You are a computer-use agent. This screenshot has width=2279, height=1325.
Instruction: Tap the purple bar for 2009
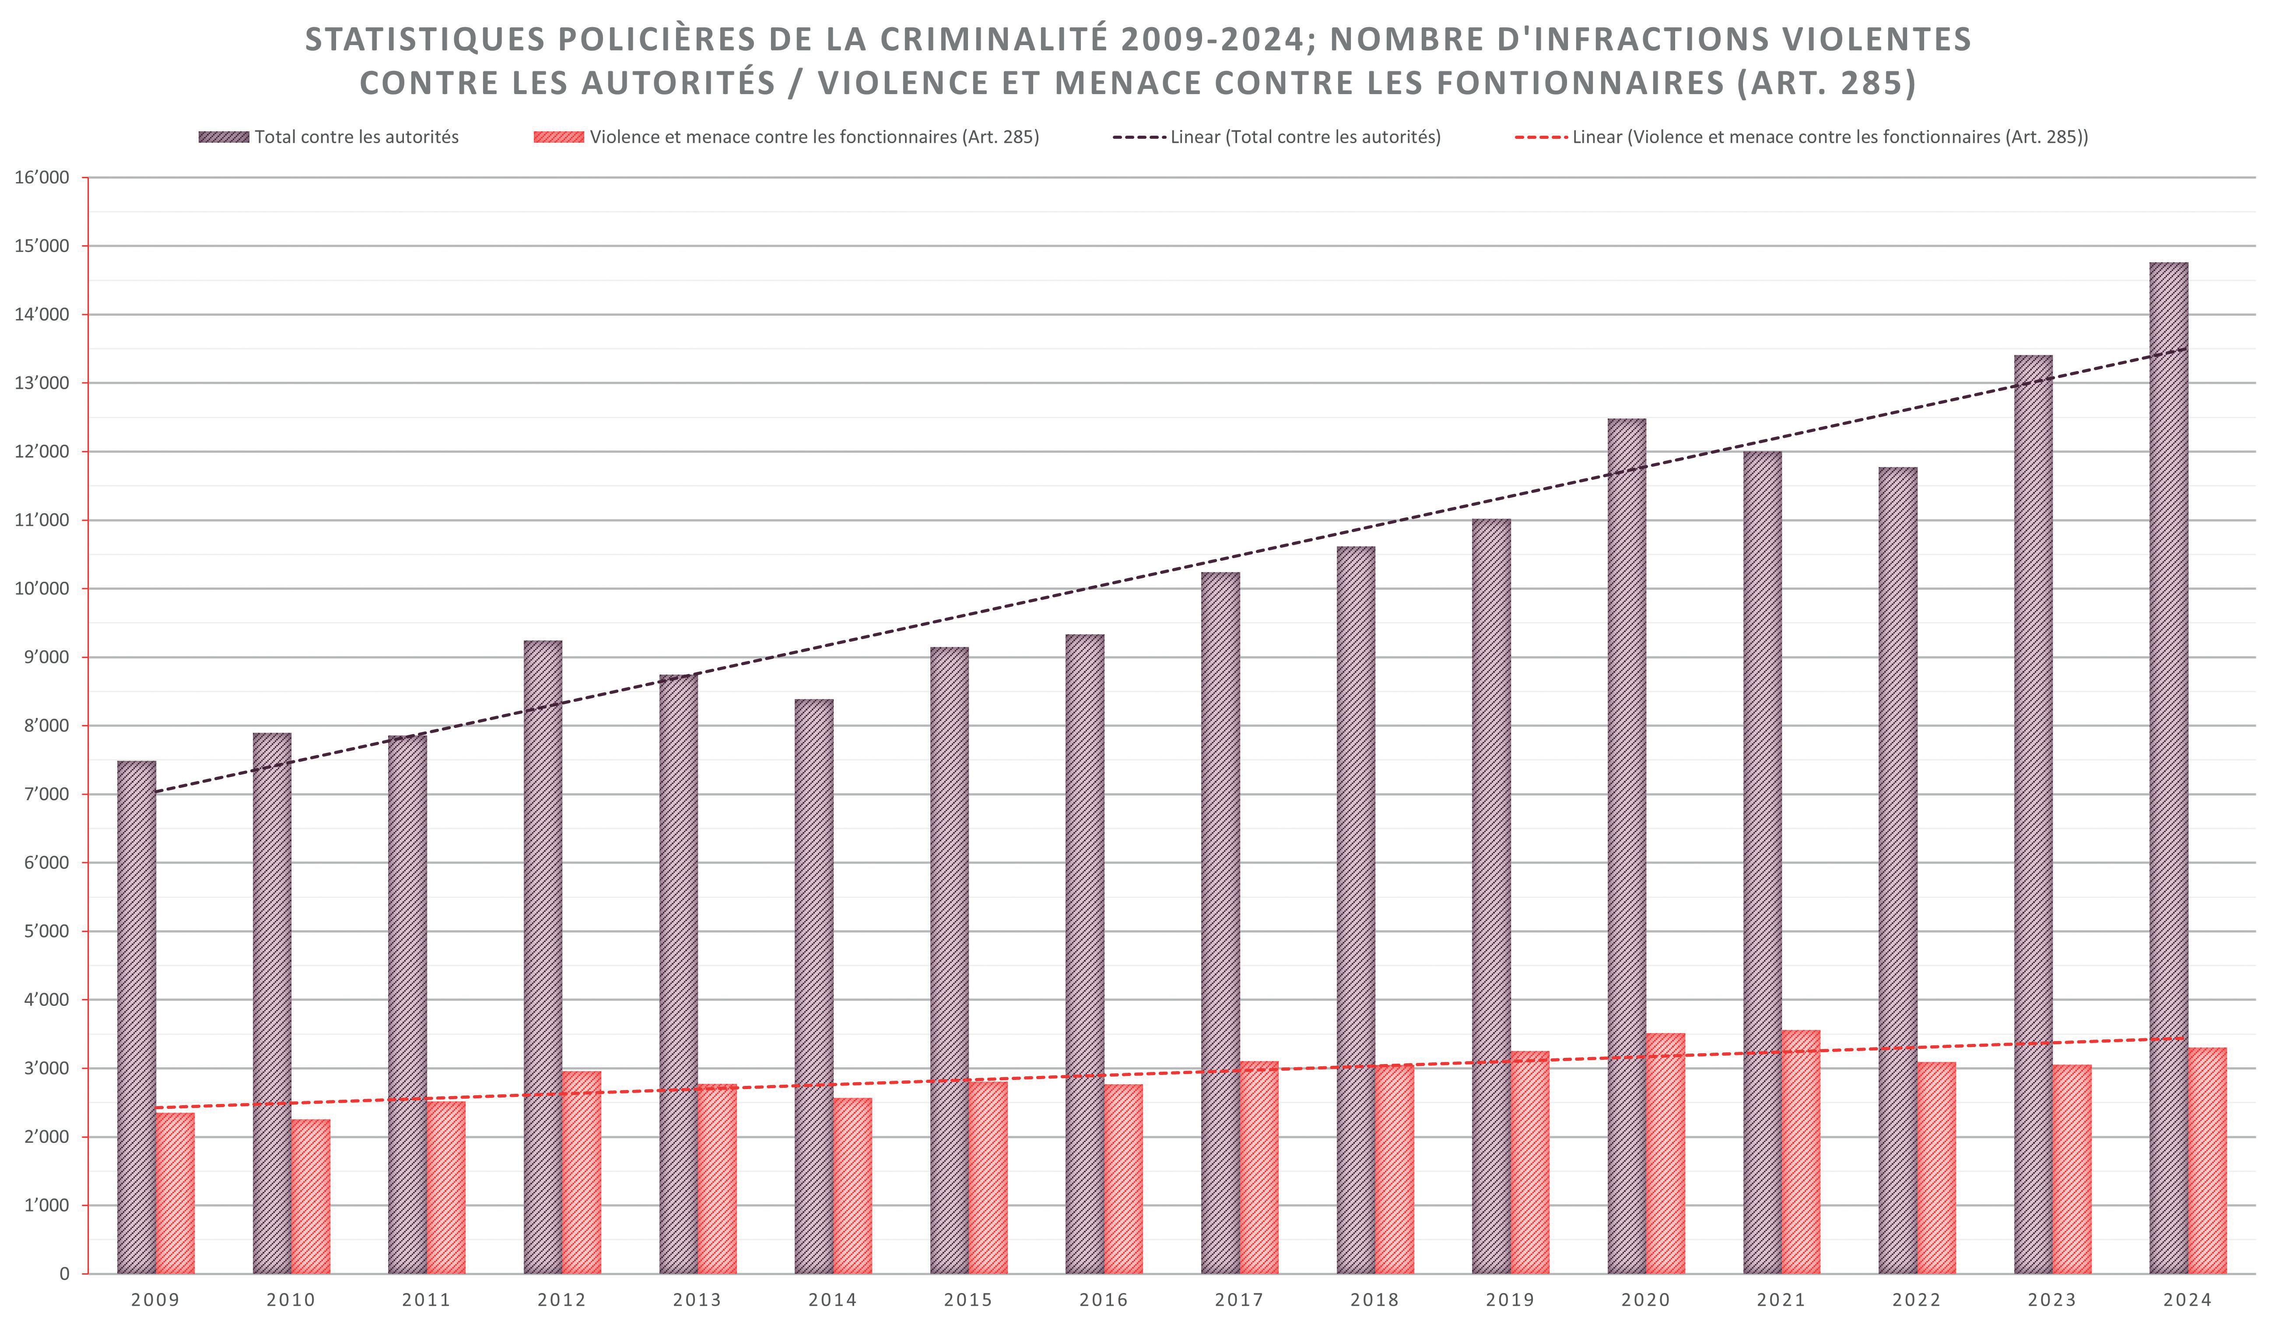tap(137, 1017)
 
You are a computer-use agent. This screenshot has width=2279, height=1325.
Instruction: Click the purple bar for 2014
tap(814, 986)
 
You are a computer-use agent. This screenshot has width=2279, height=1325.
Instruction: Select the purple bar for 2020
tap(1627, 846)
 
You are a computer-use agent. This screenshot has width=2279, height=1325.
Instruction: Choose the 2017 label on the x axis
tap(1239, 1300)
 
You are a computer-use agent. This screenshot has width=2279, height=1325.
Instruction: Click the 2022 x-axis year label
tap(1916, 1300)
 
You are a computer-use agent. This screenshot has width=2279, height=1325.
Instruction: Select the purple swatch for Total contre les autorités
tap(223, 137)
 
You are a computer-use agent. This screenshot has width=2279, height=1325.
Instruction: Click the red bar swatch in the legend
tap(559, 137)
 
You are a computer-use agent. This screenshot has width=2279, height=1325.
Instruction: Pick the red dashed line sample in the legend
tap(1541, 137)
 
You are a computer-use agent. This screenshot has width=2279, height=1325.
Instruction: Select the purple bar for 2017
tap(1220, 923)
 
